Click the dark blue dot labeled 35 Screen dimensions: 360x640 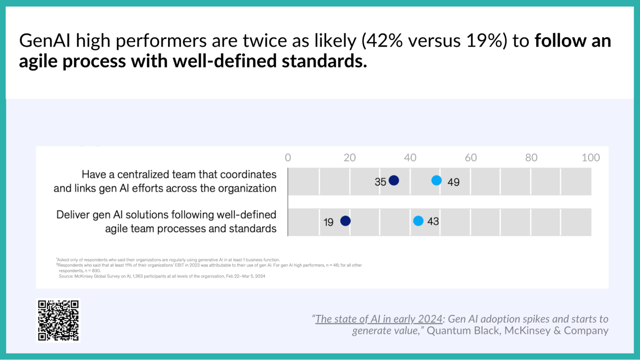pyautogui.click(x=394, y=180)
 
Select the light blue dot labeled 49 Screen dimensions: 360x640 pyautogui.click(x=436, y=180)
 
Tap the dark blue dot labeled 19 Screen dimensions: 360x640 pyautogui.click(x=345, y=221)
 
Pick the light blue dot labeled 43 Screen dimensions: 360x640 pyautogui.click(x=418, y=221)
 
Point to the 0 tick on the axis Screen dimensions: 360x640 pyautogui.click(x=288, y=158)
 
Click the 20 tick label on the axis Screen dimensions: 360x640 pyautogui.click(x=349, y=158)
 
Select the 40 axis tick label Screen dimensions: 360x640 pyautogui.click(x=410, y=158)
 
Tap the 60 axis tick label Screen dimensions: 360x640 pyautogui.click(x=471, y=158)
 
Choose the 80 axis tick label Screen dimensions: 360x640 pyautogui.click(x=531, y=158)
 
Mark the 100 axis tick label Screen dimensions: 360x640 pyautogui.click(x=591, y=158)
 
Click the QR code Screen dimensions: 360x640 pyautogui.click(x=58, y=320)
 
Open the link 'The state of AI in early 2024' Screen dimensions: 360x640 pyautogui.click(x=378, y=319)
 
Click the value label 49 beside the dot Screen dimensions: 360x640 pyautogui.click(x=454, y=182)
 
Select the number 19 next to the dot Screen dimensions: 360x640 pyautogui.click(x=328, y=222)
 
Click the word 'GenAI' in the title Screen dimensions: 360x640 pyautogui.click(x=45, y=41)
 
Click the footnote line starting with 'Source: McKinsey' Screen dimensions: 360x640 pyautogui.click(x=162, y=276)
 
